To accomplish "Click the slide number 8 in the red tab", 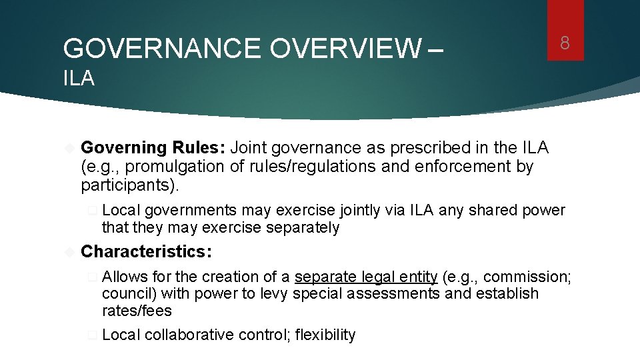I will click(x=565, y=44).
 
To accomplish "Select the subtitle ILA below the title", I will click(x=79, y=79).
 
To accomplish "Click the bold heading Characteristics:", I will click(x=146, y=251).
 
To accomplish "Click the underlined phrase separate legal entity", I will click(x=365, y=277).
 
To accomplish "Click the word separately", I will click(x=302, y=228).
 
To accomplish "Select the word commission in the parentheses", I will click(x=517, y=277).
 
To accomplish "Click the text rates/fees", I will click(x=137, y=311).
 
